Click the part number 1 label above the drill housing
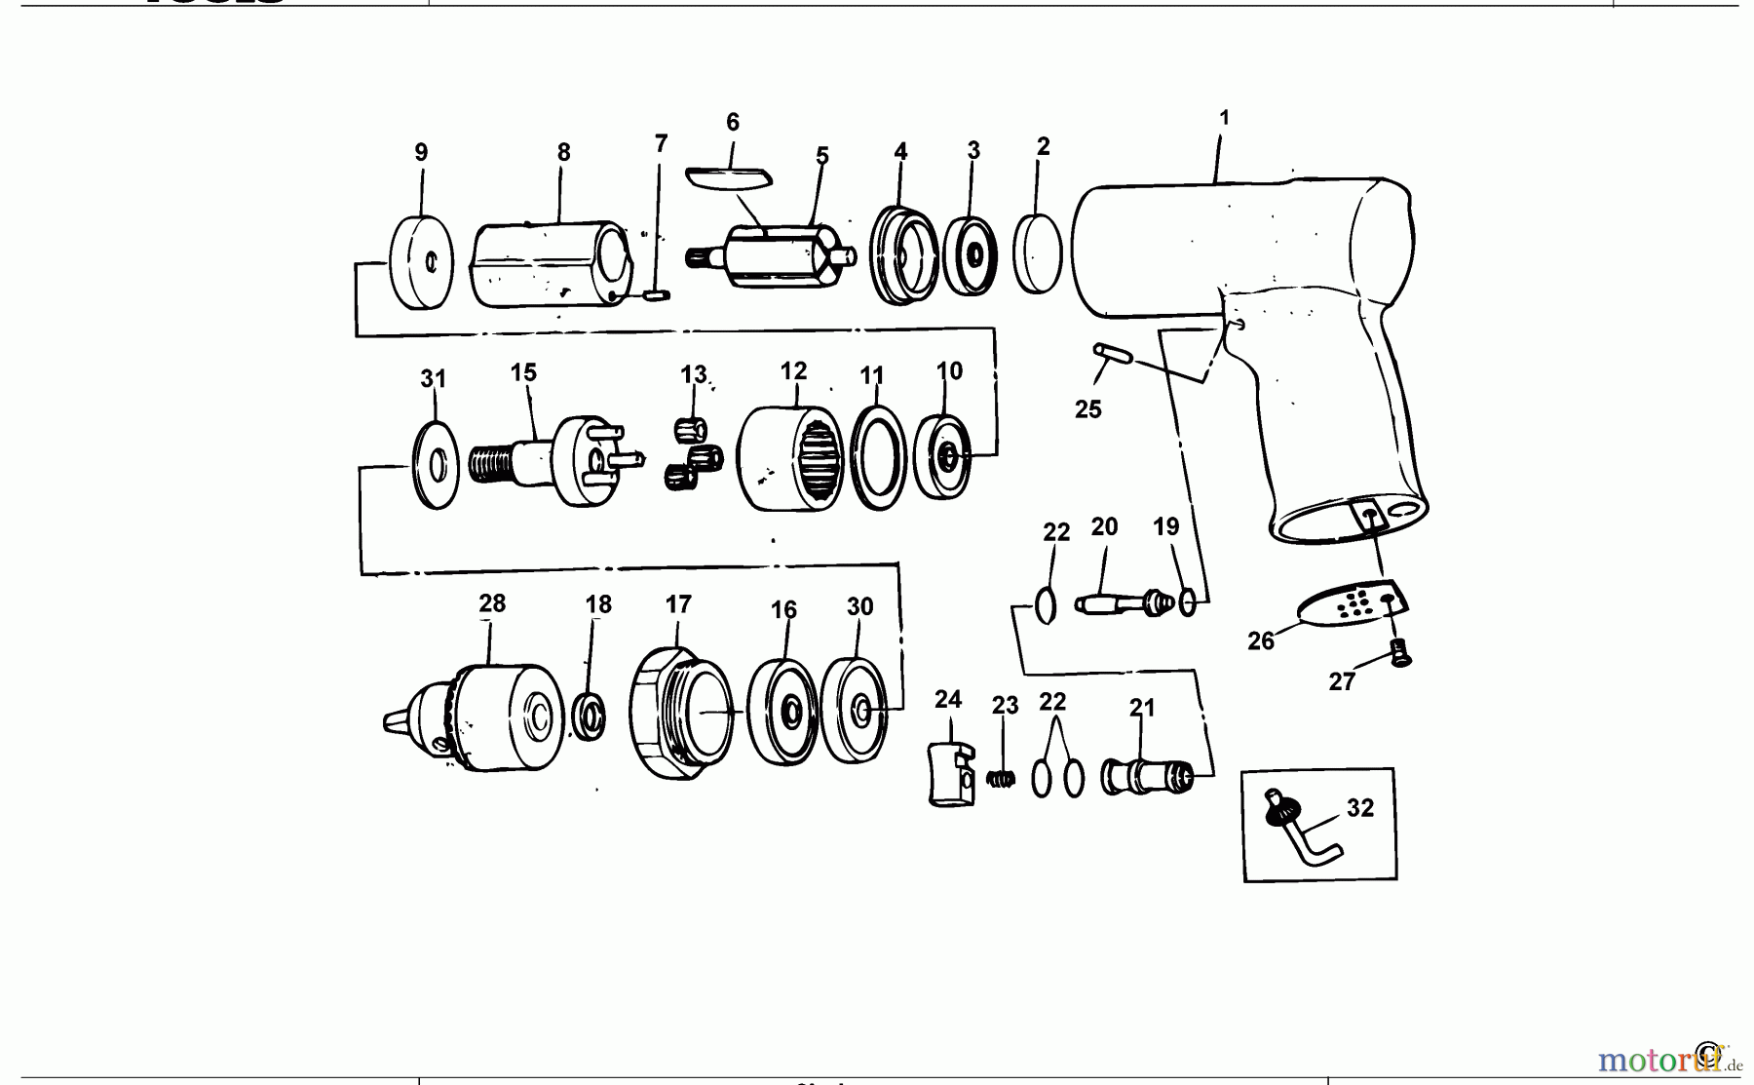tap(1224, 118)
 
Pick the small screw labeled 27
tap(1401, 654)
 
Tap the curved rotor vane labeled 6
tap(728, 176)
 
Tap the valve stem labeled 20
tap(1121, 602)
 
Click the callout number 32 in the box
tap(1360, 808)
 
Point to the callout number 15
tap(523, 372)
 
